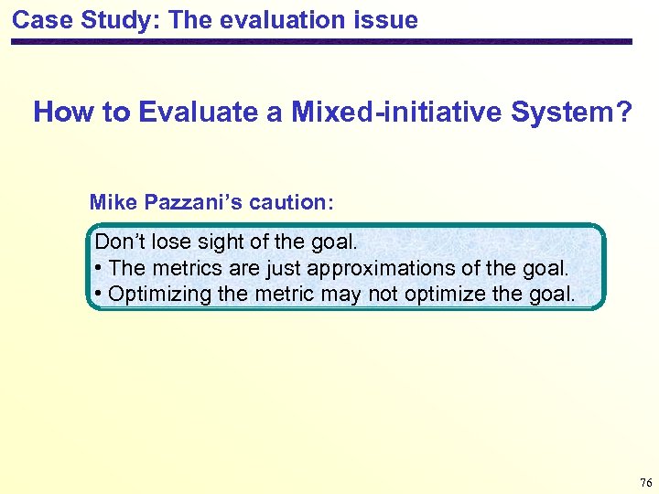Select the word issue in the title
[x=389, y=19]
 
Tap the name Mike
[x=112, y=202]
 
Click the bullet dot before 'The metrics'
[x=98, y=269]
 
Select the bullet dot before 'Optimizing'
[x=98, y=295]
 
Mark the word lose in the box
[x=169, y=242]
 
